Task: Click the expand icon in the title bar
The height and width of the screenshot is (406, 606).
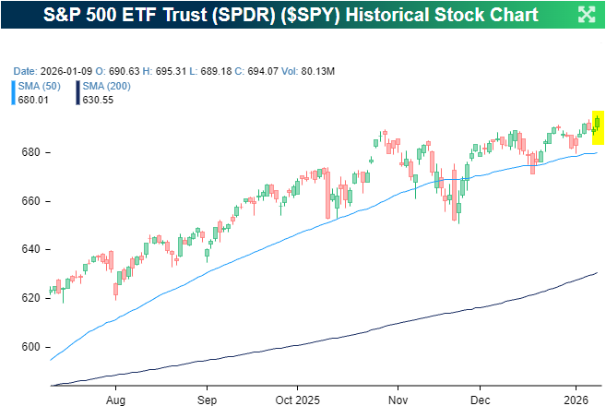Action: coord(586,14)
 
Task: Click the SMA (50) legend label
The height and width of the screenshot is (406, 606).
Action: coord(39,86)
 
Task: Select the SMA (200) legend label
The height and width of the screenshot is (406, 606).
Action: coord(106,86)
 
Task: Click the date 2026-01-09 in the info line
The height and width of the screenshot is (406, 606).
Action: coord(65,71)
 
